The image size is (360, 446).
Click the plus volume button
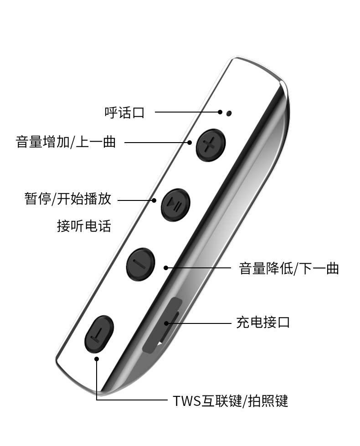pos(211,145)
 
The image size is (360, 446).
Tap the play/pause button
pos(175,204)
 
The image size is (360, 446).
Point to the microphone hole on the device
pos(229,113)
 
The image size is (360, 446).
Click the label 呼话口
pos(124,112)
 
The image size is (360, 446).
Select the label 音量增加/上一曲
pos(66,142)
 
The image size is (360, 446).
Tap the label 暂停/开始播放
pos(68,199)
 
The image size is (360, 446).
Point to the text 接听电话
pos(84,226)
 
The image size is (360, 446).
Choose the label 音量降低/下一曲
pos(289,268)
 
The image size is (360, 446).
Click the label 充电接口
pos(263,323)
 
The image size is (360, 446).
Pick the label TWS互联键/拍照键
pos(231,401)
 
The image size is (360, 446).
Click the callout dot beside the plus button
pos(190,143)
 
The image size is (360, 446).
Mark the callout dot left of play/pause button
pos(154,200)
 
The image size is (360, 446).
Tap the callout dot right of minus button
pos(167,268)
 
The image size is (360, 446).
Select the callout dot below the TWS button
pos(97,359)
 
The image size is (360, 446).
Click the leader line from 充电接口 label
pos(201,323)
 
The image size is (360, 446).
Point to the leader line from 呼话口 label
pos(187,112)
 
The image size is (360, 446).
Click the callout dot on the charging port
pos(167,324)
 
